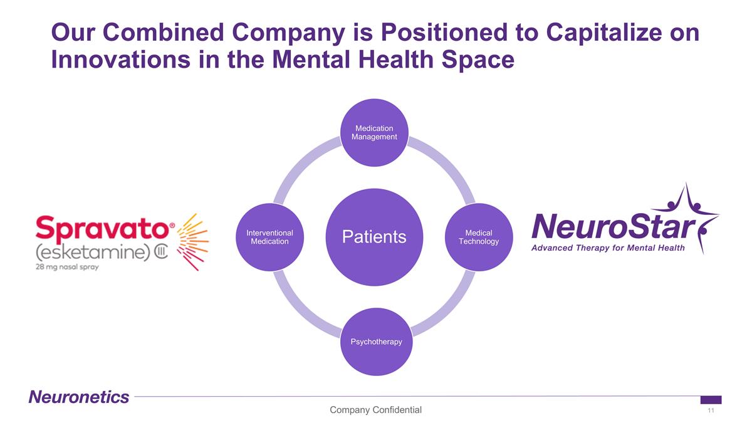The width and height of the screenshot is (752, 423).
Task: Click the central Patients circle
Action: click(374, 236)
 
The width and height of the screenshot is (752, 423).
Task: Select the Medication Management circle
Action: click(374, 132)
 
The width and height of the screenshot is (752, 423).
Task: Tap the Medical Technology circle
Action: click(478, 237)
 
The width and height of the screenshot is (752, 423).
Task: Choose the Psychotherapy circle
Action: click(374, 341)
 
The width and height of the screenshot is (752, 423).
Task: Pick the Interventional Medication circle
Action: click(270, 237)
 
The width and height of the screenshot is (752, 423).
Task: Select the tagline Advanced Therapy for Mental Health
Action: click(608, 248)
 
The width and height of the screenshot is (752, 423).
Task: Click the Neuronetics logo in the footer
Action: click(79, 397)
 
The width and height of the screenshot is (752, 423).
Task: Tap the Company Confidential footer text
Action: click(376, 410)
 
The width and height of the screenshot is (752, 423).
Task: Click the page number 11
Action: click(711, 410)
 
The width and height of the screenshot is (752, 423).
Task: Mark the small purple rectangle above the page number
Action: click(711, 400)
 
